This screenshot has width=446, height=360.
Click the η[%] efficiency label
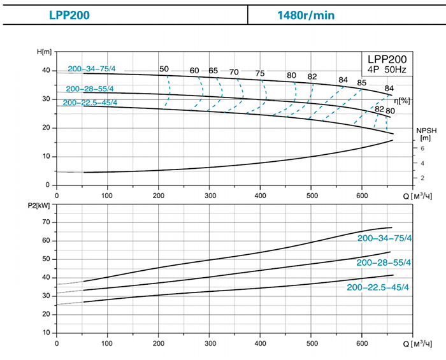[401, 101]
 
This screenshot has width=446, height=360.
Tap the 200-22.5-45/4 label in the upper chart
[90, 103]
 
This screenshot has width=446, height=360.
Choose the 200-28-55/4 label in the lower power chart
[384, 263]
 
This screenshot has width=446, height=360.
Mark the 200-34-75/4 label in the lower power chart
[385, 238]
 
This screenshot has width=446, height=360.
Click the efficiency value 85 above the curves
[362, 83]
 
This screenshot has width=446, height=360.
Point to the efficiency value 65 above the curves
[213, 71]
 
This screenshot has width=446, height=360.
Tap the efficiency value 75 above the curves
[259, 73]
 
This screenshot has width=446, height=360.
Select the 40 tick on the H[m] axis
[45, 70]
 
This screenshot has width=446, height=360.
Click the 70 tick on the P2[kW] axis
[45, 222]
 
